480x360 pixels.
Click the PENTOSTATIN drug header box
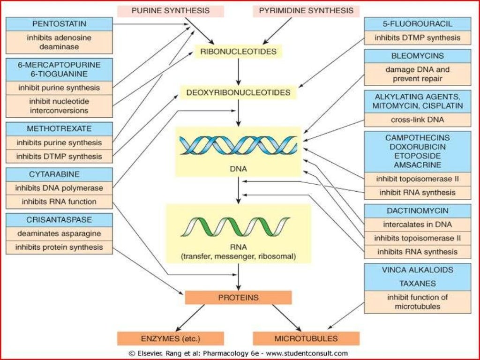[59, 23]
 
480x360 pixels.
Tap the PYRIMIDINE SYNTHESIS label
[306, 10]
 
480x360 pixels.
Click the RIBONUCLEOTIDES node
[238, 51]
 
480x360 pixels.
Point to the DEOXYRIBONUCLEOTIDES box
[238, 92]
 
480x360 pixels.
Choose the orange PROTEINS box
[238, 297]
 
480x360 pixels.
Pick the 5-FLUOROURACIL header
[417, 24]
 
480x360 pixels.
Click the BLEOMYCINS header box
[417, 56]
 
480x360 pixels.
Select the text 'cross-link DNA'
[417, 120]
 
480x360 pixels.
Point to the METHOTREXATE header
[59, 128]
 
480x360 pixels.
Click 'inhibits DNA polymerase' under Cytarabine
[59, 188]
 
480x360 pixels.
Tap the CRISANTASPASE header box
[59, 219]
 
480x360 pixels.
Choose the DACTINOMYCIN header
[417, 210]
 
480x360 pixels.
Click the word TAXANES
[417, 283]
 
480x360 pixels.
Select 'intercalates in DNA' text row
[417, 225]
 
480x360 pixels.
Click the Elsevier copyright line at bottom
[238, 353]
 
